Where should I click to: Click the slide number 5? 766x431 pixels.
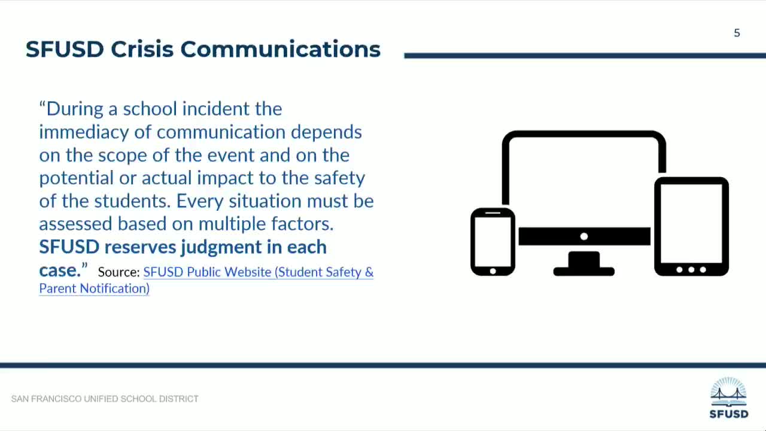pyautogui.click(x=737, y=33)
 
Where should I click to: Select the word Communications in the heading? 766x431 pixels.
pyautogui.click(x=280, y=49)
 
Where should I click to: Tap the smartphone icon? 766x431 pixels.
pyautogui.click(x=493, y=242)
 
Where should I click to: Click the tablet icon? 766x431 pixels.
pyautogui.click(x=691, y=226)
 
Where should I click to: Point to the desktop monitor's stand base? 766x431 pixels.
pyautogui.click(x=583, y=271)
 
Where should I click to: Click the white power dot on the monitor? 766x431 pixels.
pyautogui.click(x=584, y=236)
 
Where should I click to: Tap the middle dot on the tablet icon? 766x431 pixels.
pyautogui.click(x=691, y=270)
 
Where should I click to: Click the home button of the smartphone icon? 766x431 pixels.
pyautogui.click(x=493, y=271)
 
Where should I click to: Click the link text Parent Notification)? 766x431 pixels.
pyautogui.click(x=94, y=289)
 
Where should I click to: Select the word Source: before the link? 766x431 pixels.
pyautogui.click(x=118, y=272)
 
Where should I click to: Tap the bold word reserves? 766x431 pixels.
pyautogui.click(x=140, y=247)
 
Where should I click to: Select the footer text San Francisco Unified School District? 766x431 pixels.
pyautogui.click(x=105, y=399)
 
